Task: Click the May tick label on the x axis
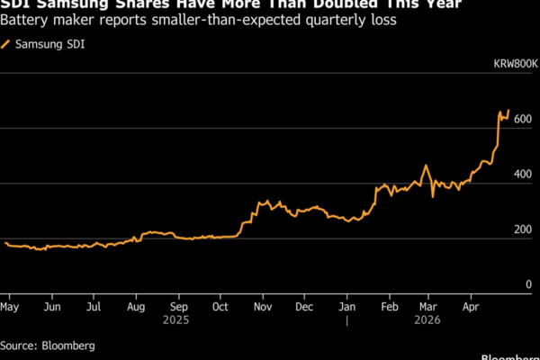click(x=12, y=306)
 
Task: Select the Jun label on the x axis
click(x=52, y=306)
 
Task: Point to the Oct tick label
click(x=220, y=306)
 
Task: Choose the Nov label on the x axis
click(x=264, y=306)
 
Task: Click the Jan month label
click(x=347, y=306)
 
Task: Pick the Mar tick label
click(x=429, y=306)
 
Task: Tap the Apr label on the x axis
click(x=471, y=306)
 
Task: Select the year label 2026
click(x=429, y=319)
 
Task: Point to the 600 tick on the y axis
click(x=523, y=132)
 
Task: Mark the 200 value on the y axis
click(x=523, y=232)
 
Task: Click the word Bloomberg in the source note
click(x=67, y=345)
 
